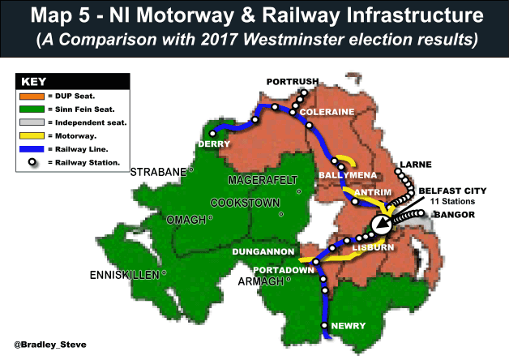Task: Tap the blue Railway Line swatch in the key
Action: coord(32,150)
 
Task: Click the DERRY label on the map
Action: coord(214,144)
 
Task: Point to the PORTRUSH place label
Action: coord(294,82)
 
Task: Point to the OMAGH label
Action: coord(184,218)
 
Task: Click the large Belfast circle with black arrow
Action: coord(381,224)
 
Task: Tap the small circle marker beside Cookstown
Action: coord(281,214)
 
